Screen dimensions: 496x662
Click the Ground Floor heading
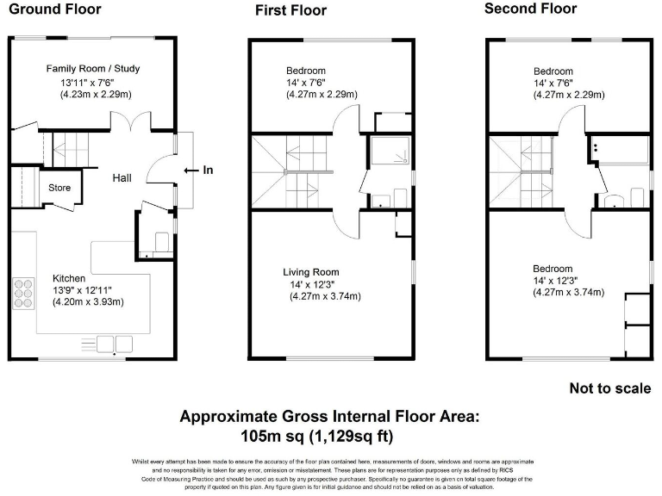[x=55, y=9]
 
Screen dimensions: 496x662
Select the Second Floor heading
[x=530, y=9]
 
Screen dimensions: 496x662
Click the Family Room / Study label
[x=93, y=68]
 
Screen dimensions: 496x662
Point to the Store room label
[x=59, y=187]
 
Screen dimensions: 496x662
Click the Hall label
[x=122, y=177]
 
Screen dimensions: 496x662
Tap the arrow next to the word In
[x=190, y=170]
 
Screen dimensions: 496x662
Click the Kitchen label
[x=69, y=278]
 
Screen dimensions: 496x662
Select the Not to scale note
[x=610, y=388]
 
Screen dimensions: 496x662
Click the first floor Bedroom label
[x=308, y=71]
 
